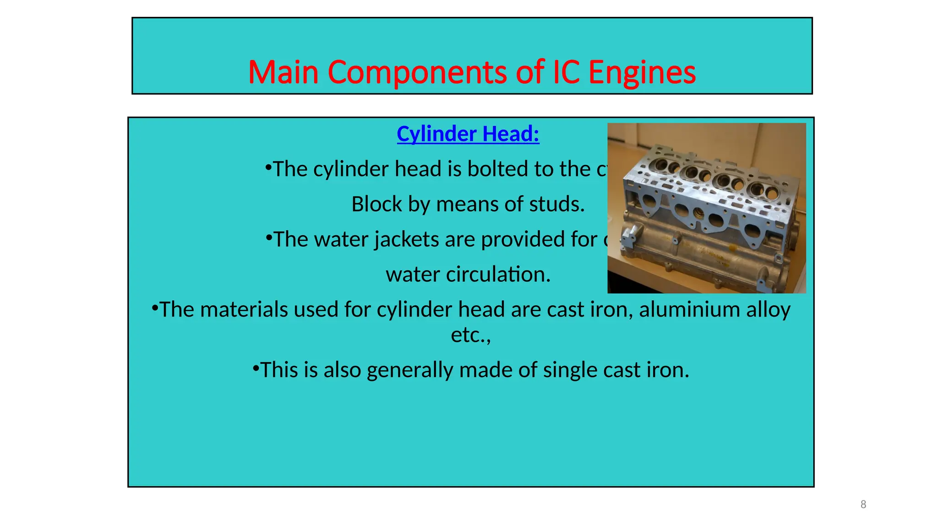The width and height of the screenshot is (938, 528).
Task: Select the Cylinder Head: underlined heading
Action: tap(468, 134)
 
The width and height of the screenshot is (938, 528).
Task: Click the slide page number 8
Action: tap(863, 504)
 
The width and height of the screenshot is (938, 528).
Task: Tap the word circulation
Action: tap(498, 274)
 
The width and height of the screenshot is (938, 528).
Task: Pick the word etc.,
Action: tap(470, 335)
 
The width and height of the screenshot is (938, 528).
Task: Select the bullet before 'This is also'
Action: tap(256, 368)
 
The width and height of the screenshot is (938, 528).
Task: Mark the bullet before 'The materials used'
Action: tap(155, 307)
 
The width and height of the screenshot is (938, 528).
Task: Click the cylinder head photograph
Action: tap(706, 208)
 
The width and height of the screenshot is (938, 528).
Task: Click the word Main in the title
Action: tap(283, 72)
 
